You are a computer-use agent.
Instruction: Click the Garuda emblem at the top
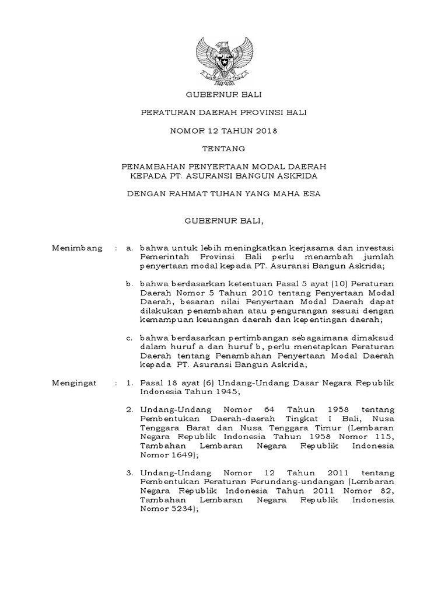pyautogui.click(x=223, y=62)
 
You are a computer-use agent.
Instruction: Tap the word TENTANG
pyautogui.click(x=223, y=149)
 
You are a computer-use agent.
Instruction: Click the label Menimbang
pyautogui.click(x=77, y=248)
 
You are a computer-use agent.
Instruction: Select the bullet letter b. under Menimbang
pyautogui.click(x=129, y=283)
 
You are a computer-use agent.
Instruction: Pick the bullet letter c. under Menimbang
pyautogui.click(x=129, y=337)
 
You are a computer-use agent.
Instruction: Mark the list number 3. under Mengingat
pyautogui.click(x=129, y=472)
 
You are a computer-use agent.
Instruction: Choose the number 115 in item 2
pyautogui.click(x=384, y=437)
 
